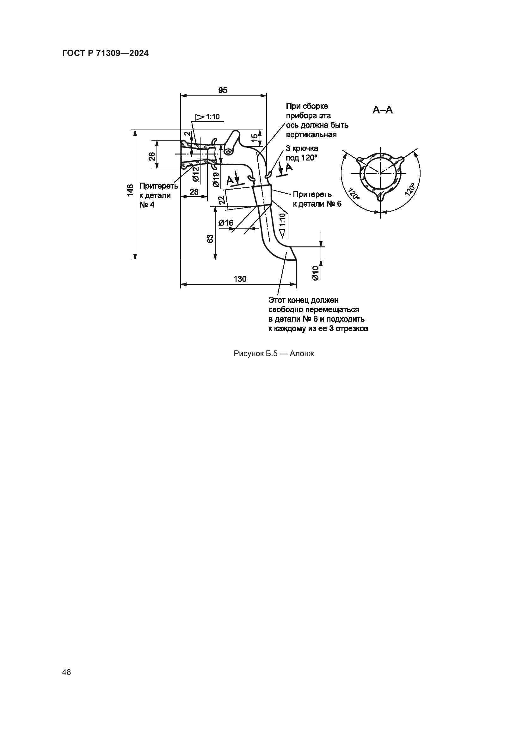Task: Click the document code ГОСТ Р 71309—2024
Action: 105,53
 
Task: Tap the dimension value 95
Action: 223,90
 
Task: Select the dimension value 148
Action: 130,190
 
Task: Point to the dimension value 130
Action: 240,279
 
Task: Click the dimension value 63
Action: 210,239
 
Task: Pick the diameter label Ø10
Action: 316,273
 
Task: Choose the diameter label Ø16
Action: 226,223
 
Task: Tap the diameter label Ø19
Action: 216,179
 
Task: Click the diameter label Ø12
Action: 196,174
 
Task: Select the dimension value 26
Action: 152,156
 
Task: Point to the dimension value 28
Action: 194,192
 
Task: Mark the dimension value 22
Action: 222,200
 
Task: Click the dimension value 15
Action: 255,136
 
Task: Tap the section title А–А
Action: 383,110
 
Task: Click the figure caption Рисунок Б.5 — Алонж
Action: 274,354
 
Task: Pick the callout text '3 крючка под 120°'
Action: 302,153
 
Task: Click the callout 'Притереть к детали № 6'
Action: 317,199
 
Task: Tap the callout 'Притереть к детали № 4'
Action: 159,195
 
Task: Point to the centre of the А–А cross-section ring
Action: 380,173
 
